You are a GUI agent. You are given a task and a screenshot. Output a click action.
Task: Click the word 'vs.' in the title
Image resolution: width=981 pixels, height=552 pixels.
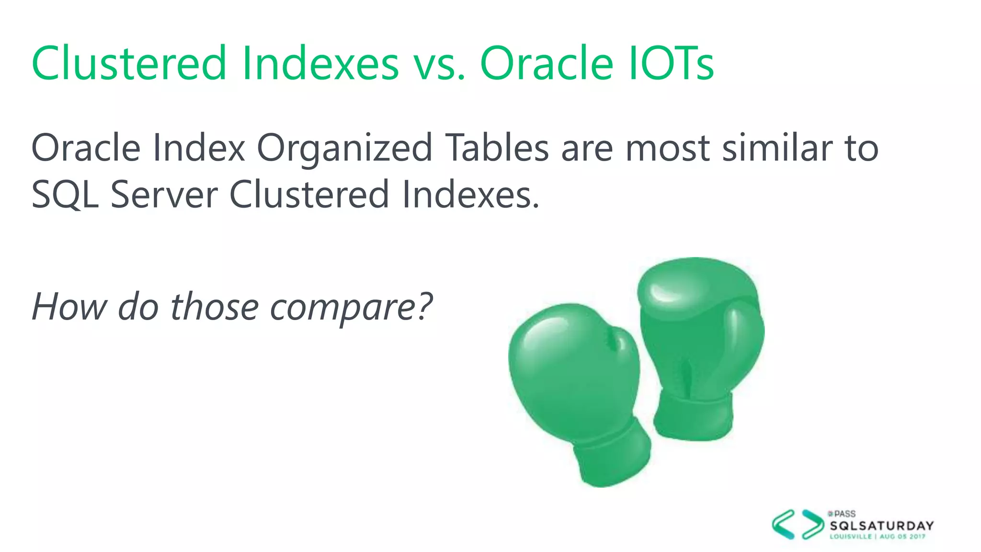[439, 64]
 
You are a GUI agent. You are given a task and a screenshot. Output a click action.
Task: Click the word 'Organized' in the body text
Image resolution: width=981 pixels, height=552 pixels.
[345, 148]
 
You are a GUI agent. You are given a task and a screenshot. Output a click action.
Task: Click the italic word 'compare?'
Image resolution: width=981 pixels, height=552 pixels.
[352, 307]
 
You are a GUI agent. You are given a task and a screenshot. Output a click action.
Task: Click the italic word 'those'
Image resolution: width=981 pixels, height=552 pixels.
[215, 306]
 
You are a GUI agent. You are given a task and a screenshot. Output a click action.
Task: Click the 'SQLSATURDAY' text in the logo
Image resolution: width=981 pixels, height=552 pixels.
[882, 526]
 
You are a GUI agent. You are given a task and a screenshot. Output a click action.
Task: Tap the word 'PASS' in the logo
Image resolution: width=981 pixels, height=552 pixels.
[844, 514]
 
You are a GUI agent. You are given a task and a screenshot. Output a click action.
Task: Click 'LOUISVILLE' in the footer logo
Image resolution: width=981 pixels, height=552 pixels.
[851, 537]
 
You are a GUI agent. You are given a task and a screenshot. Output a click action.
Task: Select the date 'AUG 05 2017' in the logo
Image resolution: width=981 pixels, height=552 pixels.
[902, 537]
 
